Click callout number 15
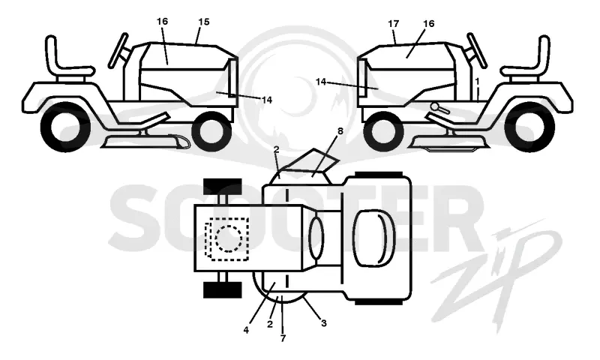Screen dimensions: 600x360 click(204, 22)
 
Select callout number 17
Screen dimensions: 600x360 click(393, 24)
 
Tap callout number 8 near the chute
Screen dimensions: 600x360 click(340, 131)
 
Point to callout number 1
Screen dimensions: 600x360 click(477, 81)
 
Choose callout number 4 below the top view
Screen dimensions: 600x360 click(246, 329)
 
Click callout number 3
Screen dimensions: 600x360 click(324, 323)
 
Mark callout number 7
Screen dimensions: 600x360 click(283, 338)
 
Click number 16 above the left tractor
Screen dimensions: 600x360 click(162, 22)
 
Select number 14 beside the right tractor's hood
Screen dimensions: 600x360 click(321, 82)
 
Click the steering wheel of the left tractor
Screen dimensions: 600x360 click(118, 49)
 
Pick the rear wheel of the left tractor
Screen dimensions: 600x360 click(65, 127)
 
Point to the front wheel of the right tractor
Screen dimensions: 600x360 click(383, 131)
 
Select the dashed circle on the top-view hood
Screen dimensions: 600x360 click(229, 238)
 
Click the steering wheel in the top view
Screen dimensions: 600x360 click(316, 238)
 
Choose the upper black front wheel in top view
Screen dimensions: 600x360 click(222, 186)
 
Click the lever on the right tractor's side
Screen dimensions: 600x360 click(441, 108)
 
